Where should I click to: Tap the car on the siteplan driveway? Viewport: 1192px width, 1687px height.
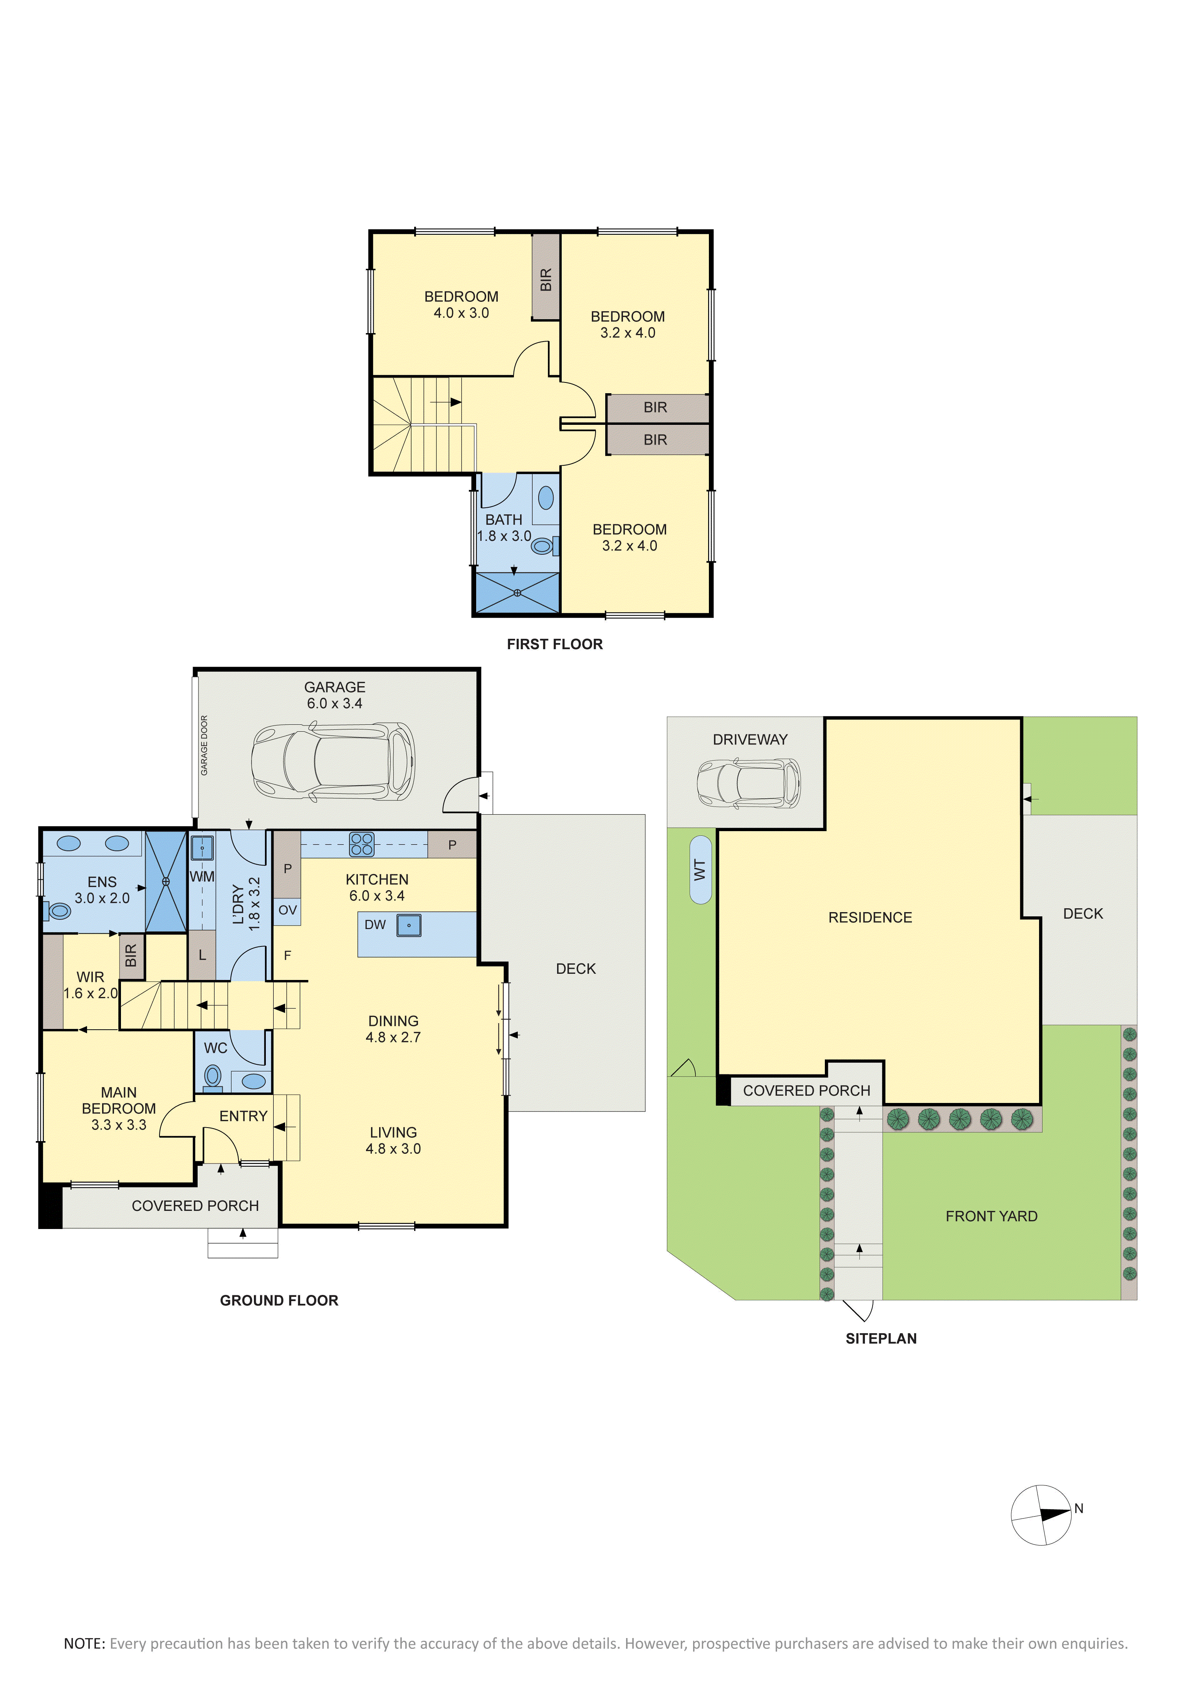coord(749,784)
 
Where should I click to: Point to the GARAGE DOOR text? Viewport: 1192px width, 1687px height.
coord(204,745)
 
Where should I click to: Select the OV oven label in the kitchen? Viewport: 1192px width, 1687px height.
coord(287,910)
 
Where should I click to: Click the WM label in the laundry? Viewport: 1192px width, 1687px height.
coord(202,877)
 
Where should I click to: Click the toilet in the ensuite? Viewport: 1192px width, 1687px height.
coord(57,911)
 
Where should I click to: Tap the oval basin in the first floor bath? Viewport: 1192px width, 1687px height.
coord(546,498)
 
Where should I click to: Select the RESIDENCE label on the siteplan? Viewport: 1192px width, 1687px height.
coord(870,918)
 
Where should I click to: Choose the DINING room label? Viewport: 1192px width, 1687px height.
coord(394,1021)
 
